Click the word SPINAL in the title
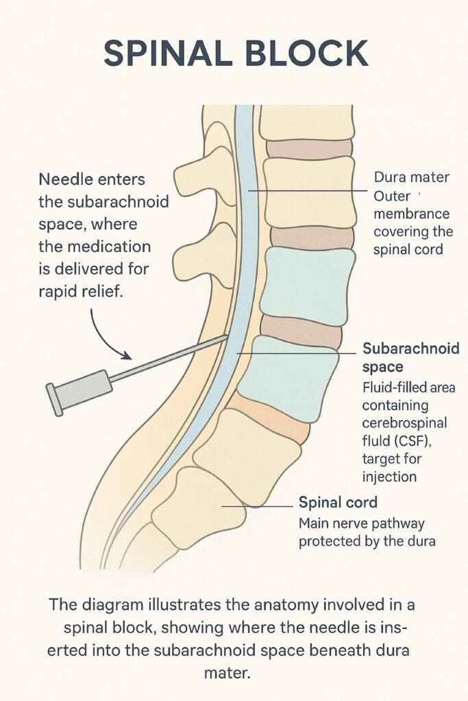[x=164, y=53]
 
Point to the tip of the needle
[x=226, y=336]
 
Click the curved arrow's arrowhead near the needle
[x=127, y=356]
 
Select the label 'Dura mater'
[x=411, y=177]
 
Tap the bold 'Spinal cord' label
[x=338, y=502]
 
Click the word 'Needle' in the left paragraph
[x=62, y=181]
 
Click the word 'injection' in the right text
[x=391, y=476]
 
